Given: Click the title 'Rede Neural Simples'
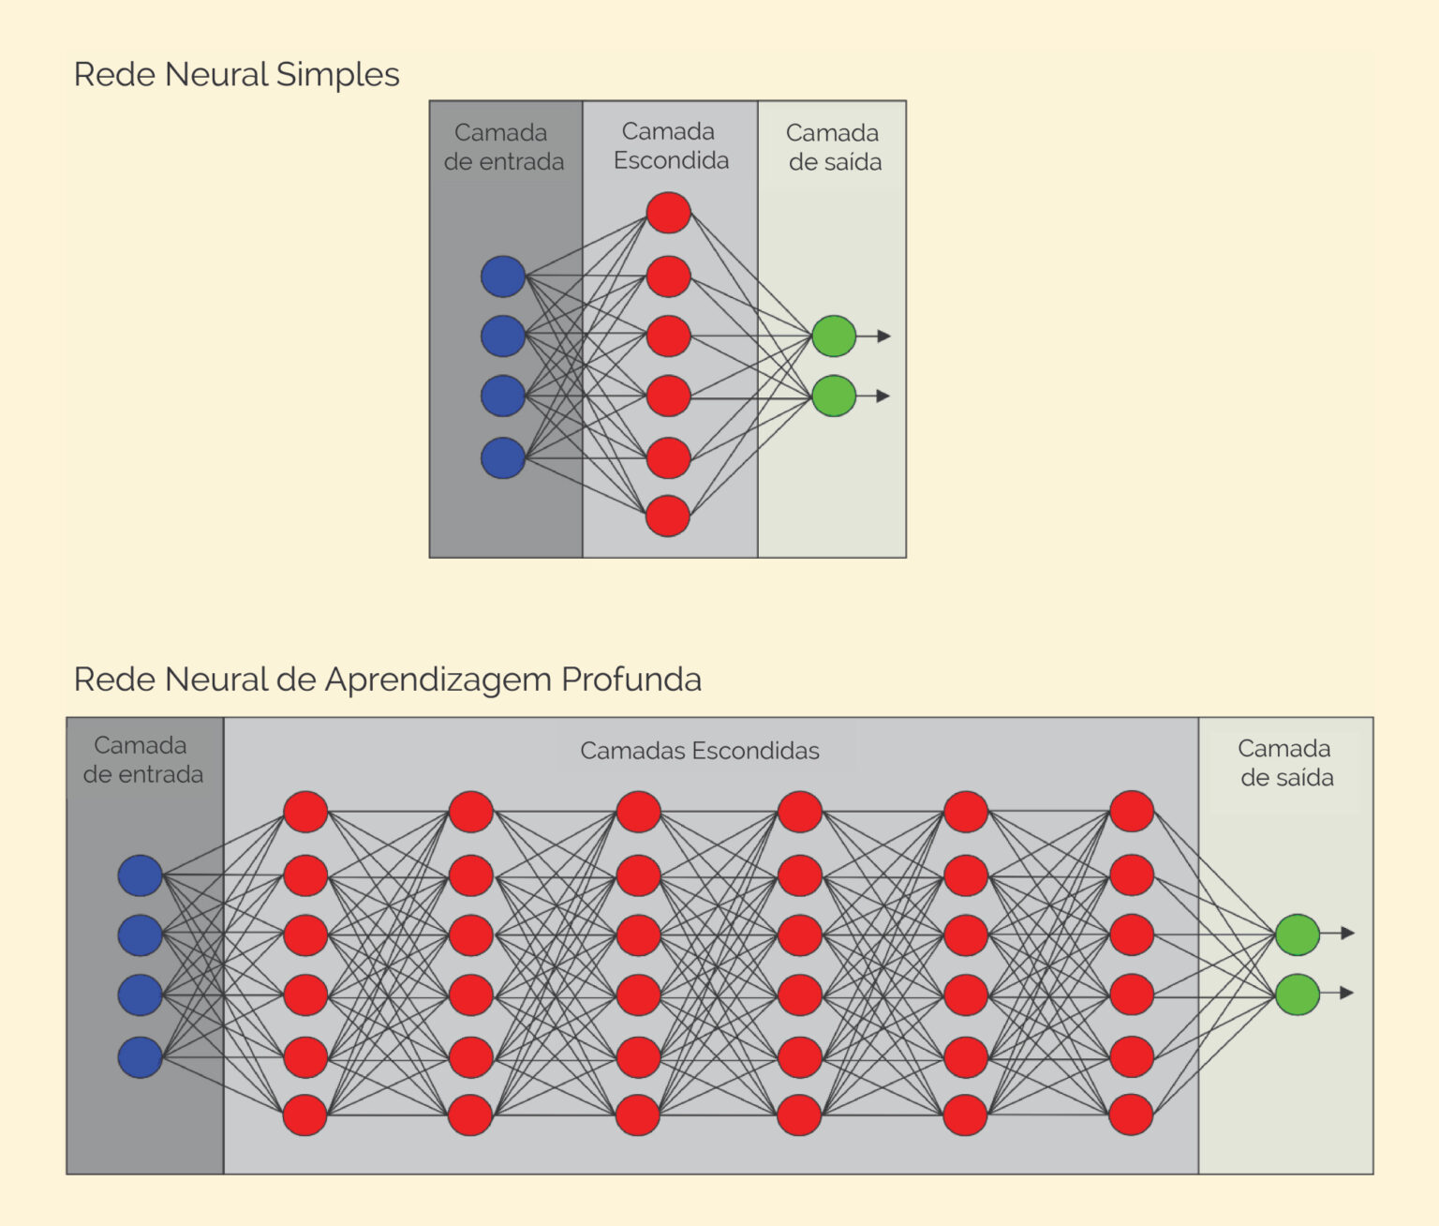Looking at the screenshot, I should tap(236, 74).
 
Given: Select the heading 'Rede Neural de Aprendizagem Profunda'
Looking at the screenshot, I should tap(387, 679).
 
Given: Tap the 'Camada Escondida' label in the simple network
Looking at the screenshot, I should tap(670, 146).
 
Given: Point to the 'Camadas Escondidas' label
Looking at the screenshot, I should tap(699, 751).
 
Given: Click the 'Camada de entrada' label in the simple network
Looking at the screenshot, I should tap(503, 147).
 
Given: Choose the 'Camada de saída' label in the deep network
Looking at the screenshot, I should tap(1285, 763).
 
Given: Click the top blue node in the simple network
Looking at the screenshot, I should tap(503, 277).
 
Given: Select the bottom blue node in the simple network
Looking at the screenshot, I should tap(503, 458).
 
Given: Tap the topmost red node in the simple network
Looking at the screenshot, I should tap(668, 213).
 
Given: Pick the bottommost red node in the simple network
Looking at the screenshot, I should tap(668, 516).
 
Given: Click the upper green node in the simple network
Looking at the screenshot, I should tap(834, 336).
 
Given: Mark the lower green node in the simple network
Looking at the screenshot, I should tap(834, 396).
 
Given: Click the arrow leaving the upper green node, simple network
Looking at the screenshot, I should tap(875, 336).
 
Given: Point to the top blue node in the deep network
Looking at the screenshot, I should tap(141, 875).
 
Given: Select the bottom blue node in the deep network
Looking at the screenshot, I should tap(141, 1057).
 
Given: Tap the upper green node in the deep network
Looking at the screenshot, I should tap(1298, 934).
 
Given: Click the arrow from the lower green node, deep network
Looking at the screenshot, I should tap(1339, 993).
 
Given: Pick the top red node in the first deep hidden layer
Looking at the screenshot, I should tap(305, 812).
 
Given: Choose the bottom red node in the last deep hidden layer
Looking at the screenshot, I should tap(1131, 1115).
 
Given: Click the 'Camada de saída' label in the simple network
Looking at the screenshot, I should tap(834, 147).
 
